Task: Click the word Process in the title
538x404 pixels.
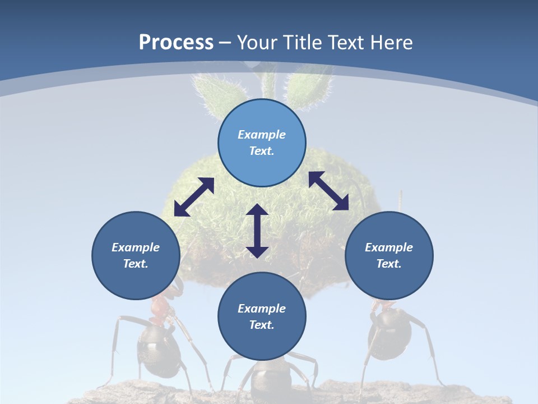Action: tap(176, 43)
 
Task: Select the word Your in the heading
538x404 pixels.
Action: tap(256, 43)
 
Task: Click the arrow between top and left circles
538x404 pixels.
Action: tap(194, 197)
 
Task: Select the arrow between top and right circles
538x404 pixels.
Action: tap(328, 191)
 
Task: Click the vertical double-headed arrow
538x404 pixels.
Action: tap(257, 231)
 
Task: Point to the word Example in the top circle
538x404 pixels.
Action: tap(262, 135)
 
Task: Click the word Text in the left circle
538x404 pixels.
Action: tap(136, 264)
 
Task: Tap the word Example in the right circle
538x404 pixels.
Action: tap(389, 247)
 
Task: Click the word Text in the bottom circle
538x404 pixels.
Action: tap(262, 325)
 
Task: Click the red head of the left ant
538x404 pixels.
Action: tap(160, 307)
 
